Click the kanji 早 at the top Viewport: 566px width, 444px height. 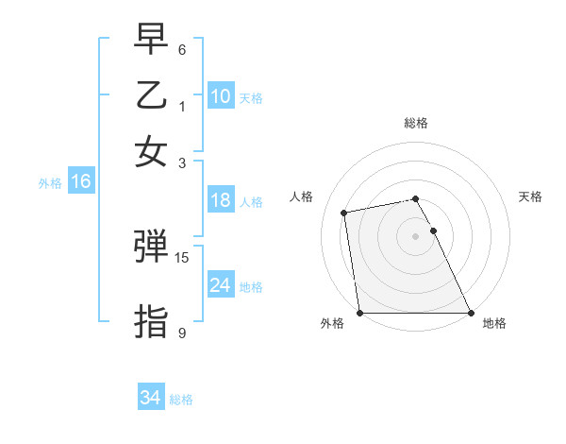[x=152, y=40]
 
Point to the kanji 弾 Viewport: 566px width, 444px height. [x=152, y=248]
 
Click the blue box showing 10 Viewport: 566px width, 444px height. [x=221, y=96]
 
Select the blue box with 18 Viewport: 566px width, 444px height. [x=221, y=200]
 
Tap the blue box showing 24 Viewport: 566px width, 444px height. [x=221, y=285]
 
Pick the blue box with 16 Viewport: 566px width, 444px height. [x=81, y=182]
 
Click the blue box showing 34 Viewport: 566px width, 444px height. [x=151, y=399]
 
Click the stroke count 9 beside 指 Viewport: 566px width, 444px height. [x=182, y=333]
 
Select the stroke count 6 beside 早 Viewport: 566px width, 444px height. [x=182, y=49]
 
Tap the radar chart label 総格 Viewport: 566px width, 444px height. [x=416, y=123]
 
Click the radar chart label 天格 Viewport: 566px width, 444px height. [x=530, y=196]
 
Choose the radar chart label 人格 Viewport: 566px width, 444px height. [x=302, y=196]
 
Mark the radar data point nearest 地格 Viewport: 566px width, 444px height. [x=470, y=313]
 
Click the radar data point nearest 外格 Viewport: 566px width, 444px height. [x=359, y=313]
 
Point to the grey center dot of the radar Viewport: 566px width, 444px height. [x=415, y=236]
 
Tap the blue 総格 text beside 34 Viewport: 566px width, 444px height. [x=181, y=400]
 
